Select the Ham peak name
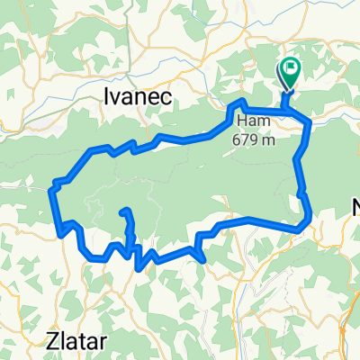pos(248,122)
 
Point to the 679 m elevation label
pos(256,139)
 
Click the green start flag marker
pos(291,70)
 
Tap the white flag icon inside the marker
pos(291,67)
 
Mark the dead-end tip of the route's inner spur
pos(123,211)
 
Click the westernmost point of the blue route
pos(49,189)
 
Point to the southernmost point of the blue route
pos(137,267)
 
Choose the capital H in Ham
pos(239,122)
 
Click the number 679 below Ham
pos(249,139)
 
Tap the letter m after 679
pos(268,139)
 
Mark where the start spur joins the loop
pos(287,111)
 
